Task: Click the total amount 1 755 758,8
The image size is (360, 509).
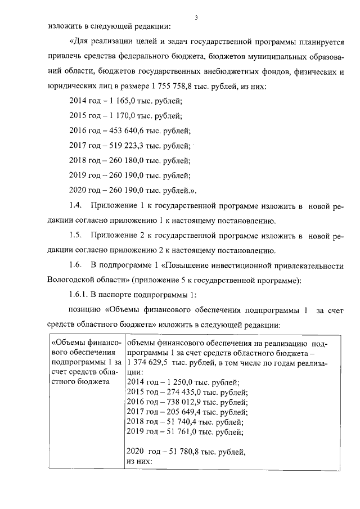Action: pos(175,87)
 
